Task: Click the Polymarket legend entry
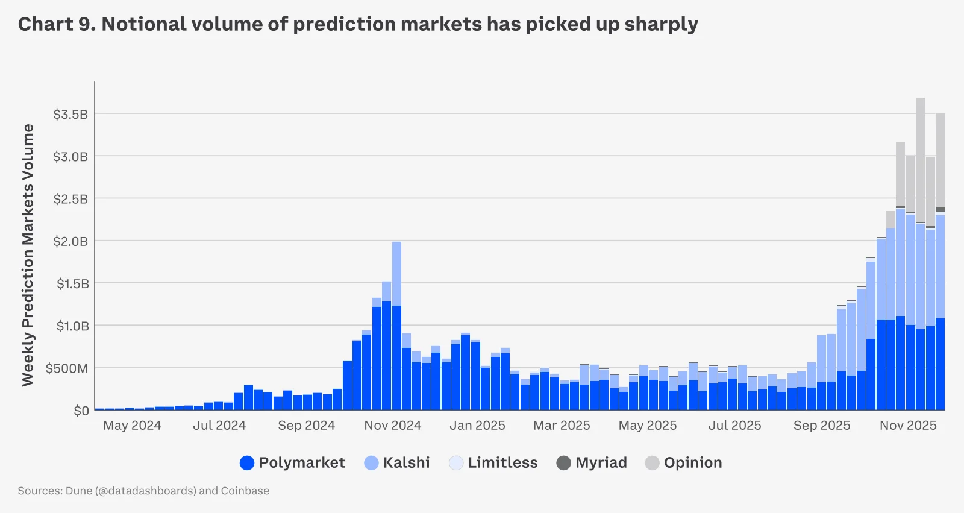coord(293,462)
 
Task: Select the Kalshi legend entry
coord(398,462)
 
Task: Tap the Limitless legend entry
coord(493,462)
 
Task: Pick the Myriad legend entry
coord(592,462)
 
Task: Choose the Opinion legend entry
coord(684,462)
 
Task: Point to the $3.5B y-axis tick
coord(70,114)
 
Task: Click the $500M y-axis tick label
coord(67,368)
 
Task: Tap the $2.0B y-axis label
coord(70,241)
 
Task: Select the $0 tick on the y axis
coord(81,411)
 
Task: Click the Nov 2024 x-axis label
coord(392,426)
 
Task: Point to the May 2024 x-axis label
coord(132,426)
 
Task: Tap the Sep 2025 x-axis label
coord(821,426)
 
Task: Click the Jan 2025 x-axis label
coord(477,426)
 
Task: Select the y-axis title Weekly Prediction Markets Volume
coord(28,254)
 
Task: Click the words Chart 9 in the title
coord(55,24)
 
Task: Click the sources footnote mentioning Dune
coord(143,491)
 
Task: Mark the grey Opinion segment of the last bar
coord(940,160)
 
